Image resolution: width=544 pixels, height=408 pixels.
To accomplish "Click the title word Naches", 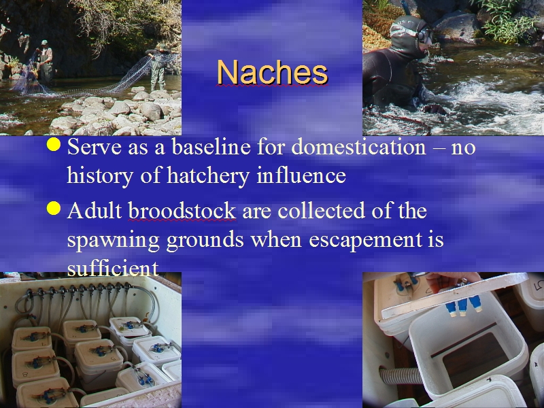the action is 273,72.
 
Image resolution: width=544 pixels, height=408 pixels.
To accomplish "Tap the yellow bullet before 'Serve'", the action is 54,144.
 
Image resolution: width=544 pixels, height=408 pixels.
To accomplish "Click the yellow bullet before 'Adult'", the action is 54,209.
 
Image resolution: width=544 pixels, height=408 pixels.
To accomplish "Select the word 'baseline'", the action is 211,147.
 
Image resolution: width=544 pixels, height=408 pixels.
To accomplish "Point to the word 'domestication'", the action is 359,147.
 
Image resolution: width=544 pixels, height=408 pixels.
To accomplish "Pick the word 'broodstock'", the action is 182,211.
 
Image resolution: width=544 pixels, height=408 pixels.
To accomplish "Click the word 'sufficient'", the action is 113,268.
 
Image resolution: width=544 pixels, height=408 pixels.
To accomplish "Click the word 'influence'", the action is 301,175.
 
